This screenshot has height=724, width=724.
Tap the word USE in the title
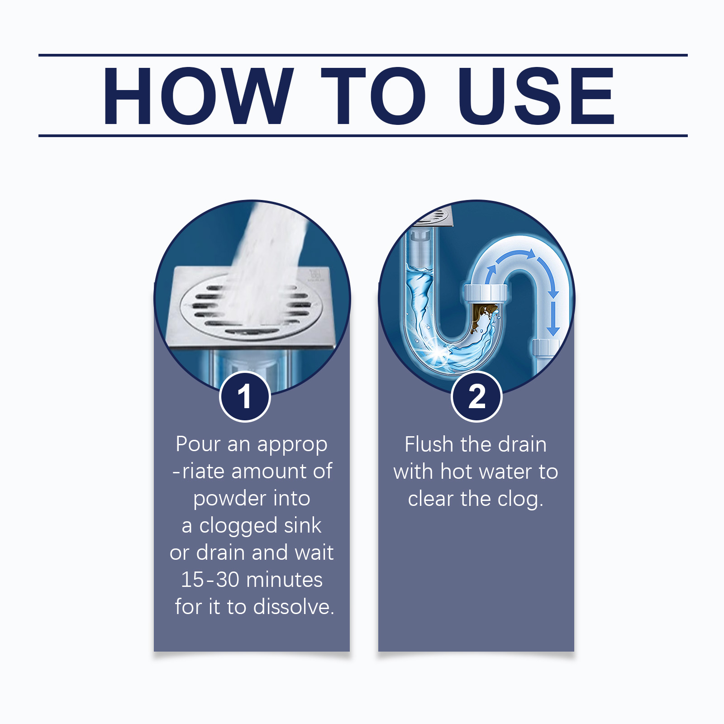[536, 96]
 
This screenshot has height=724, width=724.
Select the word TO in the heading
[373, 96]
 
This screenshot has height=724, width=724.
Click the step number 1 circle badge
[245, 396]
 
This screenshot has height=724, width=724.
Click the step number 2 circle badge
[476, 396]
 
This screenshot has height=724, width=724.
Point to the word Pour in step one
[198, 444]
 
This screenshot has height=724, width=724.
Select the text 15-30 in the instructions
[210, 580]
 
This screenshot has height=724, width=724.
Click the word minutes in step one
[284, 580]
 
